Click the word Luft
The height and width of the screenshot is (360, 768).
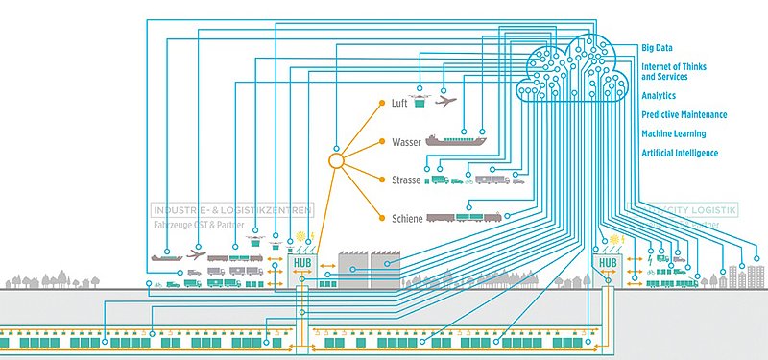tap(399, 103)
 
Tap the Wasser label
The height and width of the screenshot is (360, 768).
tap(406, 142)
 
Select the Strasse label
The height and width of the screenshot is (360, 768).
tap(406, 180)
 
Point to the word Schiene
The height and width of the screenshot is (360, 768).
tap(408, 219)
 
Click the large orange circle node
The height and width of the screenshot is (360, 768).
tap(336, 161)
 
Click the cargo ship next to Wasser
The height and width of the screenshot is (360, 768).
tap(456, 140)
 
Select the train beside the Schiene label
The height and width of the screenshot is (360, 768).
tap(466, 218)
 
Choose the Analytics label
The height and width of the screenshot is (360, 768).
tap(659, 96)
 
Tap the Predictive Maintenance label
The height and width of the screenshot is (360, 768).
tap(684, 115)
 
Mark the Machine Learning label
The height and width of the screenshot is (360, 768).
tap(673, 134)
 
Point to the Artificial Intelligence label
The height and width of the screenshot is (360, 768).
tap(679, 153)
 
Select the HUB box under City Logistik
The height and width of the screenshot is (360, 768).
tap(608, 262)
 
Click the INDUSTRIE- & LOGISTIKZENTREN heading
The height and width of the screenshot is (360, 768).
tap(230, 209)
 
